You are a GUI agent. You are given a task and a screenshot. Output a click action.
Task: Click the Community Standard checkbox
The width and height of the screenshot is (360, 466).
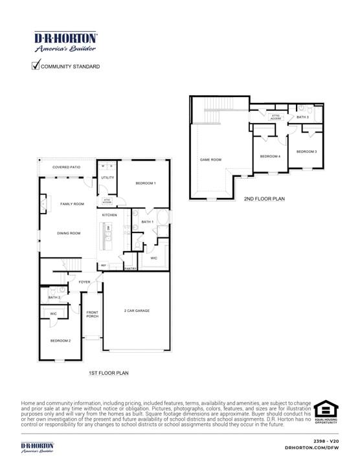36,65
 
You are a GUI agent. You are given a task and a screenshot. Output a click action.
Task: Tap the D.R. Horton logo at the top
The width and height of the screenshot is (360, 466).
65,41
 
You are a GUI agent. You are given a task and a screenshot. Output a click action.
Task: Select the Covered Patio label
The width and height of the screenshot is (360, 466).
66,167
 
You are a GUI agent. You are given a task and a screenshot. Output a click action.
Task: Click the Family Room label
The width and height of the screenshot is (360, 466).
72,204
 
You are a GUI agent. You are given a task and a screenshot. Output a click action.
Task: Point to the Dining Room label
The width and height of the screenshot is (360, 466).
68,233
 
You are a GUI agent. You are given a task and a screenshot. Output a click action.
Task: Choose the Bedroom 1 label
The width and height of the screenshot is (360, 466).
145,184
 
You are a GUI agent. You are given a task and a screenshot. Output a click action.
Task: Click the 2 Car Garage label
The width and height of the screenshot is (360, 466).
137,311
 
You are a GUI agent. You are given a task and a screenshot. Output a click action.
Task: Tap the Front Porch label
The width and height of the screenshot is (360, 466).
93,315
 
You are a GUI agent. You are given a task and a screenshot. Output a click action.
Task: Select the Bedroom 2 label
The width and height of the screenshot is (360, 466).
60,340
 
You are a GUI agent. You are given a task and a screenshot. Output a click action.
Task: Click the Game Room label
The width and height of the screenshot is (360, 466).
210,159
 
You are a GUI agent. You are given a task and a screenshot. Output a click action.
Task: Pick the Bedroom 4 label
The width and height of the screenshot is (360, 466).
270,157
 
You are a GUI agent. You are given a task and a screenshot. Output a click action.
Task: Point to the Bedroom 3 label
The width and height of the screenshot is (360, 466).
306,151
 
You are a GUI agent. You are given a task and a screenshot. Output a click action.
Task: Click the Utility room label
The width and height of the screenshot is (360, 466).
107,177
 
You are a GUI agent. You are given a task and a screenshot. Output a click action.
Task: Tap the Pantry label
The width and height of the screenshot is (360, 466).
130,268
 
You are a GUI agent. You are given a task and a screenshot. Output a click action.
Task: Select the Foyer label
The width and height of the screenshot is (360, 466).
85,282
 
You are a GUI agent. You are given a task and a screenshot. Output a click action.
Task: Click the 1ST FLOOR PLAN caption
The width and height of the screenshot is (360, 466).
109,373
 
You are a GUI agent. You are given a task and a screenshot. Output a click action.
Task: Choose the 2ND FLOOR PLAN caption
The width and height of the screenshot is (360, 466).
264,199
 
